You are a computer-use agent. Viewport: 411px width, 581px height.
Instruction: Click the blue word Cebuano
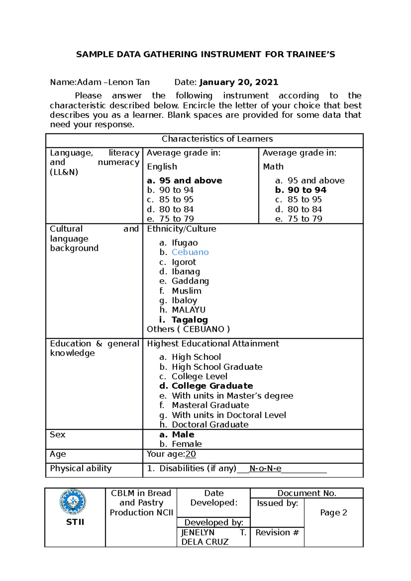point(190,252)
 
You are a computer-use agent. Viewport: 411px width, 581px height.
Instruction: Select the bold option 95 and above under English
point(190,180)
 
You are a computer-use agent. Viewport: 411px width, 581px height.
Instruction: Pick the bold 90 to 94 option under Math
point(307,190)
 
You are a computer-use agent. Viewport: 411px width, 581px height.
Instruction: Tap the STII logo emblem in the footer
point(73,502)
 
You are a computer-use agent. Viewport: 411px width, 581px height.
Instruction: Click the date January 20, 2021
point(238,82)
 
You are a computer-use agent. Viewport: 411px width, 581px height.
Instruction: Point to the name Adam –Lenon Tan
point(113,82)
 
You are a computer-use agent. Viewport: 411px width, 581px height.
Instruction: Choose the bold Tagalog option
point(189,320)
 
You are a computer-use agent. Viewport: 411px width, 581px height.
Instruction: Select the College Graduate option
point(212,386)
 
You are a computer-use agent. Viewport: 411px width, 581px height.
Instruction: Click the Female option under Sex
point(187,444)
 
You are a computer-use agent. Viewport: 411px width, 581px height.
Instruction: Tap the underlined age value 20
point(191,454)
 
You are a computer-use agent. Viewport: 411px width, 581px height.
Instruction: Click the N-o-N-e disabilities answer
point(265,468)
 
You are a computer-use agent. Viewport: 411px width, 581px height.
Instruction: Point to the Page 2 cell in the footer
point(333,512)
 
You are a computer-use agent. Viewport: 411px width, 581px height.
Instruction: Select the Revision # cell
point(277,532)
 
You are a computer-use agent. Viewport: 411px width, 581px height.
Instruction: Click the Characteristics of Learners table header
point(217,139)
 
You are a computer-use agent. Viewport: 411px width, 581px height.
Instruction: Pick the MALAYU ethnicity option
point(188,310)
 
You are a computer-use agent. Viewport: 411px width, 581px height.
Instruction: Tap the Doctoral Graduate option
point(210,424)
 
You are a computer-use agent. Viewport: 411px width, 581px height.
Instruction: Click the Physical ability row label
point(81,468)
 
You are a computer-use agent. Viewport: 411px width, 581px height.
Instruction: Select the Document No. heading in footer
point(307,493)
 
